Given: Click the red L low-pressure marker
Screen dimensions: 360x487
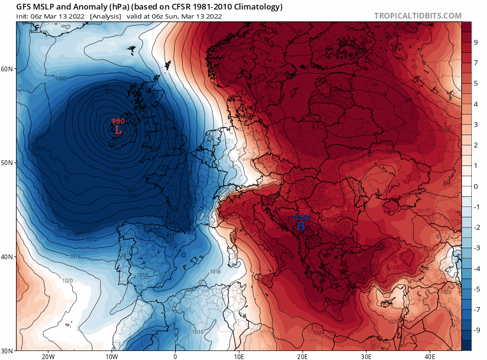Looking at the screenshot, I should pos(118,130).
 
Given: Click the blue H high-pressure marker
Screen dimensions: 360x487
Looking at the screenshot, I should pos(301,226).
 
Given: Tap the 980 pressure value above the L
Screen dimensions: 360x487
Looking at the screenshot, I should pos(118,121).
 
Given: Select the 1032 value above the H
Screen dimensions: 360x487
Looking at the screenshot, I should pos(301,218).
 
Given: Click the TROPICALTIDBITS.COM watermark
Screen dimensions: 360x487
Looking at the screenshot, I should pos(418,16).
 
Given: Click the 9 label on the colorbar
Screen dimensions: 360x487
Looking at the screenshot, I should pos(476,42).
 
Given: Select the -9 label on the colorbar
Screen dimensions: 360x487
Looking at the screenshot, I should pos(476,330).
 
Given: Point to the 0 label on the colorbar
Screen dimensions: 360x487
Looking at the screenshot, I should pos(476,186).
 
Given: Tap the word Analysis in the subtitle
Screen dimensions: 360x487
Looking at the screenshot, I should pos(105,16).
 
